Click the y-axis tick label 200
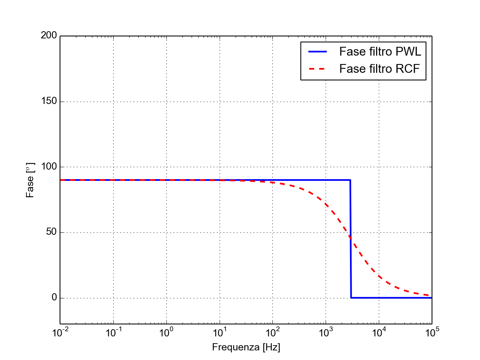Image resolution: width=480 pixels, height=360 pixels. tap(49, 36)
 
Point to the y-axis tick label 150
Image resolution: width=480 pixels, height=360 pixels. tap(49, 102)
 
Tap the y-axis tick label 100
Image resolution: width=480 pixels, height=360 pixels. tap(49, 167)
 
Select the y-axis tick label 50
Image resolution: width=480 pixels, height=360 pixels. tap(51, 232)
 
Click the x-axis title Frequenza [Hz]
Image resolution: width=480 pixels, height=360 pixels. tap(246, 347)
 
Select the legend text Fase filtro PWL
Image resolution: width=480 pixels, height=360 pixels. tap(380, 52)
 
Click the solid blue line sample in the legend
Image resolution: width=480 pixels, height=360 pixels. tap(318, 52)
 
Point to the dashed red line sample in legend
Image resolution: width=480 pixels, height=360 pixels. tap(318, 69)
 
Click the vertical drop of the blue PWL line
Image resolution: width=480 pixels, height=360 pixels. tap(351, 240)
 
